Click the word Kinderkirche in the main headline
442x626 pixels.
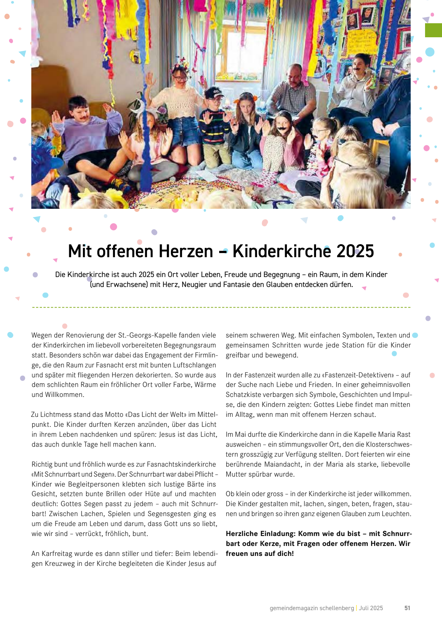(x=282, y=251)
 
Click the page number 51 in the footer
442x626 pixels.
(x=407, y=608)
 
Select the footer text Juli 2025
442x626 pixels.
(x=371, y=608)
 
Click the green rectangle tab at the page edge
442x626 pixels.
(x=434, y=30)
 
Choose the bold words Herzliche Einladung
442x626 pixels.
(x=260, y=534)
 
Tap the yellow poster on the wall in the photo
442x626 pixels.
(x=363, y=44)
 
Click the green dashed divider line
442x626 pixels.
(x=221, y=307)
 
